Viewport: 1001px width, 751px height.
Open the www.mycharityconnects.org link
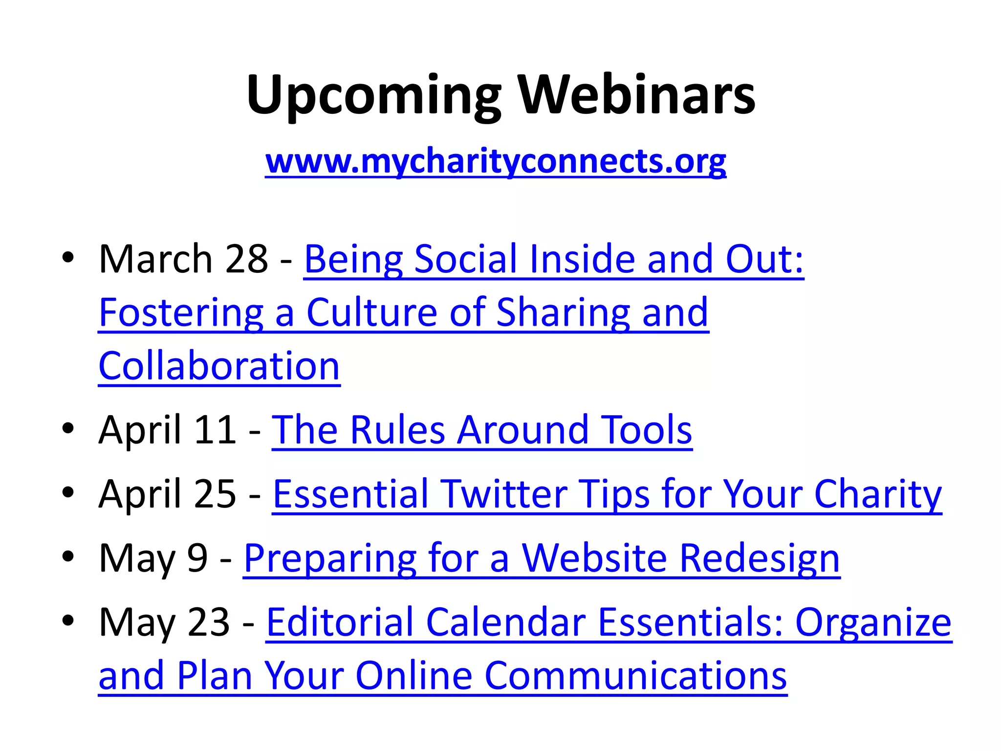click(496, 161)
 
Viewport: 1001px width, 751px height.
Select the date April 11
click(167, 429)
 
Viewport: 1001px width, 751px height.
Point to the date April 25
click(167, 493)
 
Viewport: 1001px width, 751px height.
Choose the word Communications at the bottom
click(635, 675)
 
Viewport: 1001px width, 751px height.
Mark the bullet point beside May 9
click(68, 556)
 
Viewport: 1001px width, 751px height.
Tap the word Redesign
click(760, 558)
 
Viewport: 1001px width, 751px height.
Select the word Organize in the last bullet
click(873, 622)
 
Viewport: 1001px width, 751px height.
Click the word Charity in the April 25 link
click(878, 494)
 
